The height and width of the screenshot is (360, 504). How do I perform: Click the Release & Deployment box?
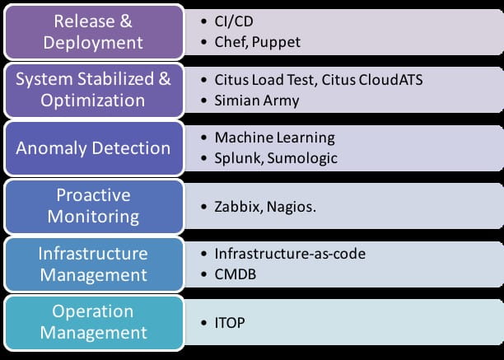pyautogui.click(x=94, y=32)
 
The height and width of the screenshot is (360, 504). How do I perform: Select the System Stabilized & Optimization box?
pyautogui.click(x=94, y=91)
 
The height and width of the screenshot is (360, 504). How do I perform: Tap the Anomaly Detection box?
pyautogui.click(x=94, y=148)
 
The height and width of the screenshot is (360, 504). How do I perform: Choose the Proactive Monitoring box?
pyautogui.click(x=94, y=206)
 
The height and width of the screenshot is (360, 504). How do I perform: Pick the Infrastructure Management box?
pyautogui.click(x=94, y=264)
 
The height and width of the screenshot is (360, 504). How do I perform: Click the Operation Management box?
pyautogui.click(x=94, y=323)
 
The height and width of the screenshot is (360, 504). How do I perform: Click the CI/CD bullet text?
pyautogui.click(x=234, y=21)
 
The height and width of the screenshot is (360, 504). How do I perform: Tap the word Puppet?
pyautogui.click(x=276, y=43)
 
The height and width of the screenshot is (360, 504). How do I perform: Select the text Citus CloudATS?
pyautogui.click(x=372, y=80)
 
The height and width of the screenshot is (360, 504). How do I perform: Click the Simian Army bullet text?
pyautogui.click(x=257, y=101)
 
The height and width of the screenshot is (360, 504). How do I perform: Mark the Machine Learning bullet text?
pyautogui.click(x=274, y=138)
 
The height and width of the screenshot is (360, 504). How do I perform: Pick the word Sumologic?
pyautogui.click(x=302, y=158)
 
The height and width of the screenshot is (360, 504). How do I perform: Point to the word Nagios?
pyautogui.click(x=292, y=207)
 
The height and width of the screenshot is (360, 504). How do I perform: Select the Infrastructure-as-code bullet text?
pyautogui.click(x=290, y=254)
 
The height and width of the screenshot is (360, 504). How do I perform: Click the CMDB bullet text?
pyautogui.click(x=236, y=274)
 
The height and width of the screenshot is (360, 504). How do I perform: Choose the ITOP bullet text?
pyautogui.click(x=230, y=323)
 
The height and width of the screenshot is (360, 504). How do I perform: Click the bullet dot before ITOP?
pyautogui.click(x=203, y=323)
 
